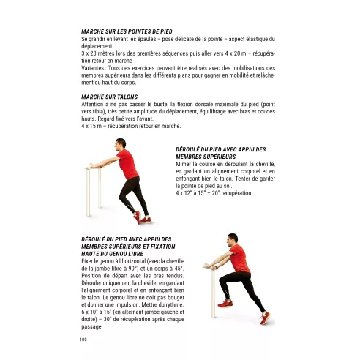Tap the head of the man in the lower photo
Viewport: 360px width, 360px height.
point(233,240)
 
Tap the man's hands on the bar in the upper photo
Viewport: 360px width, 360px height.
point(91,166)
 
